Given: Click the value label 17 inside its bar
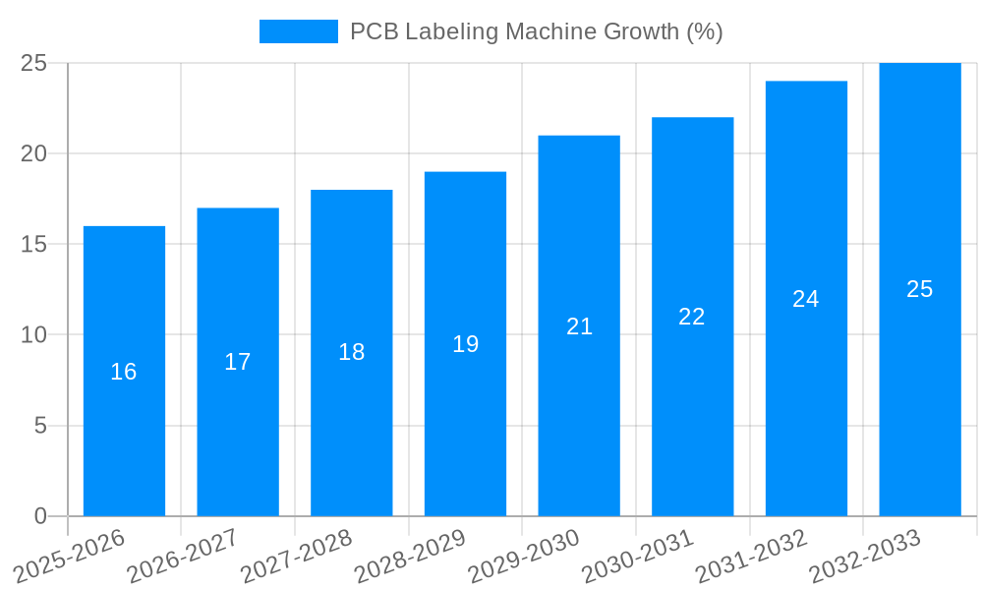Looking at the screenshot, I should (x=238, y=362).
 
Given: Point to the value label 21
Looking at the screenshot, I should (x=579, y=326).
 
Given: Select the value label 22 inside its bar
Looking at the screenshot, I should (x=692, y=317).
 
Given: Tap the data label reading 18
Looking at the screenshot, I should (x=351, y=352).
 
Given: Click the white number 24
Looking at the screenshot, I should (x=806, y=299).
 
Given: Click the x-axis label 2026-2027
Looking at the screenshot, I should (x=183, y=556).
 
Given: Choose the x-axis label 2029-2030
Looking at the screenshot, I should (x=524, y=556).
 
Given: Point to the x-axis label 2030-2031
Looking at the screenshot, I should (x=638, y=556).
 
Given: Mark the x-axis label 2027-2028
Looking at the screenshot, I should (x=297, y=556).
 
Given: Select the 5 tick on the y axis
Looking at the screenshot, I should (x=40, y=426).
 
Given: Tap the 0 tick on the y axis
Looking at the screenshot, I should (x=40, y=516).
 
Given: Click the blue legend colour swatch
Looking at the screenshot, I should (x=298, y=31).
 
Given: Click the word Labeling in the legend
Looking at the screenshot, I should (x=451, y=31).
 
